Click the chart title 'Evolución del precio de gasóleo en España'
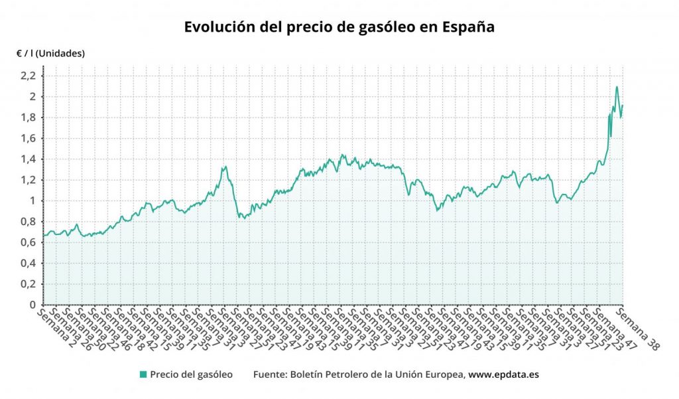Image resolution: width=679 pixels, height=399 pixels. point(339,28)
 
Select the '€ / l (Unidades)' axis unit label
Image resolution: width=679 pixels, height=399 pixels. point(51,54)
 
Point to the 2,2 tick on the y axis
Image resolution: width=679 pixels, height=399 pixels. point(28,76)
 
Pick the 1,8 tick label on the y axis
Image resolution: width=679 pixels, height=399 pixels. point(28,118)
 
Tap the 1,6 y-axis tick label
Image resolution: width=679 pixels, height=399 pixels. point(28,139)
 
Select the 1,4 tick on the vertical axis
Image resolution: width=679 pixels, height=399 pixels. point(28,159)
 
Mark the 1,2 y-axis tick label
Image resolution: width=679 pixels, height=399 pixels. point(28,180)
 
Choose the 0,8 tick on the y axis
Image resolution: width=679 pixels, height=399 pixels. point(28,222)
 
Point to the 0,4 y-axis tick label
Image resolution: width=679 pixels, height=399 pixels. point(28,264)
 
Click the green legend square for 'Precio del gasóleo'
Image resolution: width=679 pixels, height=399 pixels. point(143,374)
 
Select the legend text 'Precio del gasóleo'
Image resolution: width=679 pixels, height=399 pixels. point(191,374)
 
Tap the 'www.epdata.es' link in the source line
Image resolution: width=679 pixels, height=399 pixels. point(503,374)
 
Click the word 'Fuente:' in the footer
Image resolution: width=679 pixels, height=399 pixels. point(271,374)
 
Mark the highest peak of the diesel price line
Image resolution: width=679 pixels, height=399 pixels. point(617,87)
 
